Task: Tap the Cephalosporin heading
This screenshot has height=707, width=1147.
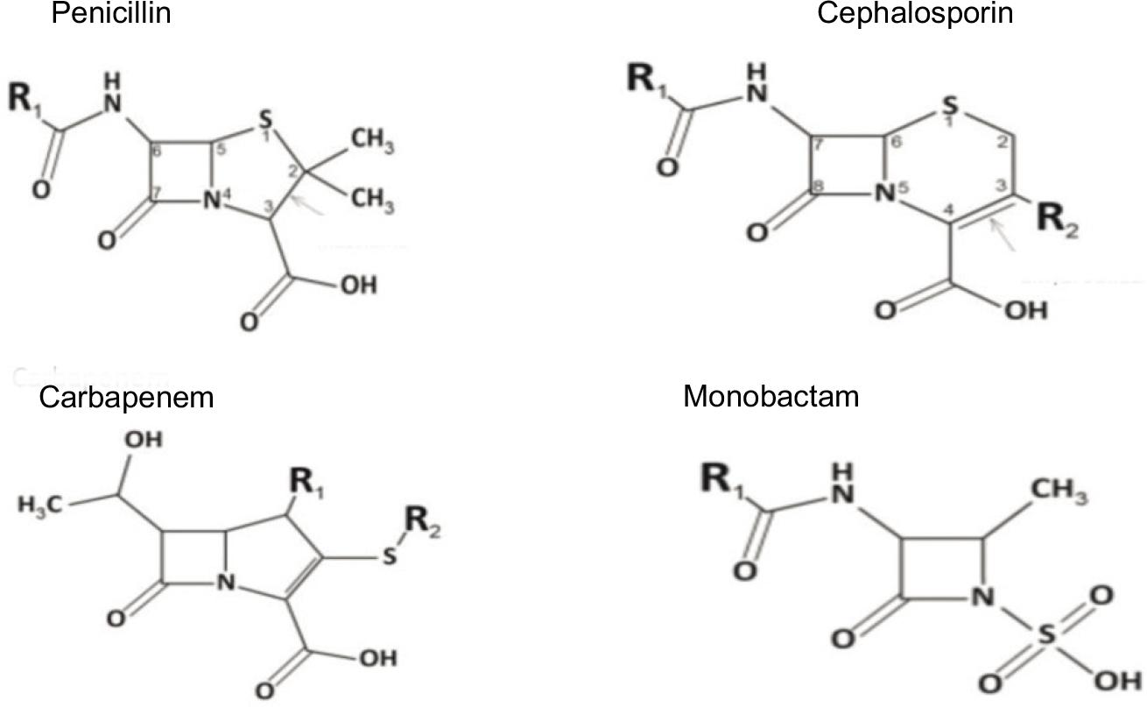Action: pyautogui.click(x=913, y=14)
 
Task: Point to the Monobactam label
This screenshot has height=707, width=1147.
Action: pyautogui.click(x=771, y=396)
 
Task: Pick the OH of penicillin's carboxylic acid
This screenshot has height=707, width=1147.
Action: pyautogui.click(x=356, y=286)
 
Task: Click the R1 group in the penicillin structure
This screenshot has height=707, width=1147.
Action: pyautogui.click(x=30, y=99)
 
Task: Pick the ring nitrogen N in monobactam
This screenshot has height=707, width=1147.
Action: pyautogui.click(x=985, y=600)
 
